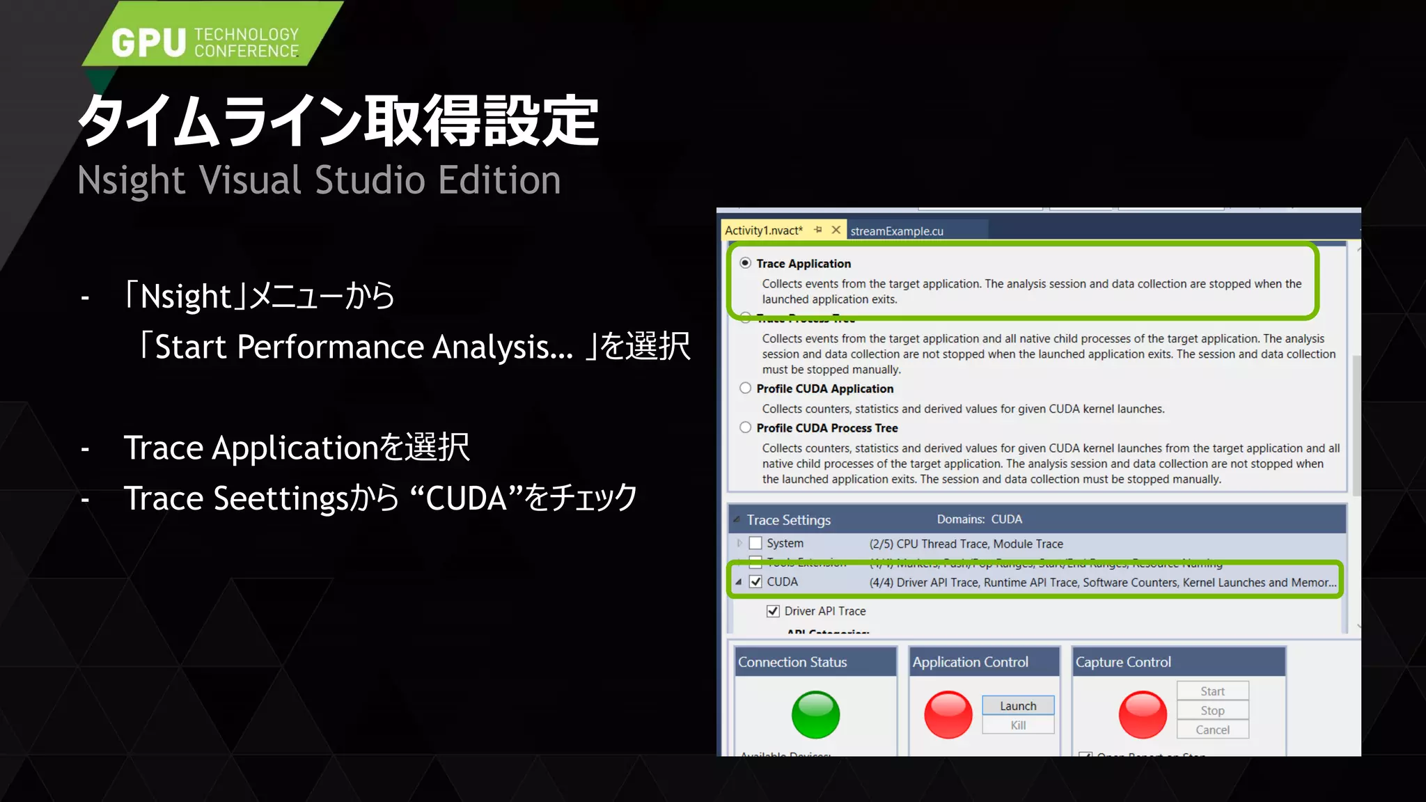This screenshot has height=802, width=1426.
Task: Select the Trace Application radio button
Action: point(746,263)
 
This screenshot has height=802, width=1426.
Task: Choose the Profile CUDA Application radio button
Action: point(746,388)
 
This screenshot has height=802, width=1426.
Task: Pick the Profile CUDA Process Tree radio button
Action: point(746,427)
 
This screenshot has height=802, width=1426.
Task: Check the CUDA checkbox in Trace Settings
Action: point(755,582)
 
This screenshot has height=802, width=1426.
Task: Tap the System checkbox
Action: point(755,543)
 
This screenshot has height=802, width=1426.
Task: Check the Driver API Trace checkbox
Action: point(773,611)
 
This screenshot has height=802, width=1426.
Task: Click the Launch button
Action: point(1018,706)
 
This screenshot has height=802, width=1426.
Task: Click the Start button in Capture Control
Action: point(1212,691)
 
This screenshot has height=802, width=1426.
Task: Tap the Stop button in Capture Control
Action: point(1212,711)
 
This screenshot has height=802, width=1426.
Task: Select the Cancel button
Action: point(1212,730)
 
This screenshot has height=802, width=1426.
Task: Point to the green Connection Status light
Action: point(815,715)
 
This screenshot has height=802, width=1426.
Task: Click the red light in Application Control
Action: point(948,715)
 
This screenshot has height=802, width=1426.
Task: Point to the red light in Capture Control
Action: point(1143,715)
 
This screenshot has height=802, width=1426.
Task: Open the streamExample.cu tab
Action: point(897,231)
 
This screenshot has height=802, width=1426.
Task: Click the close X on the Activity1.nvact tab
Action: point(836,230)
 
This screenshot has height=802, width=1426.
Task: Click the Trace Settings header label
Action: point(789,520)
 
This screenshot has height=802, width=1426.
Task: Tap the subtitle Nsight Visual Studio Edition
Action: point(319,180)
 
